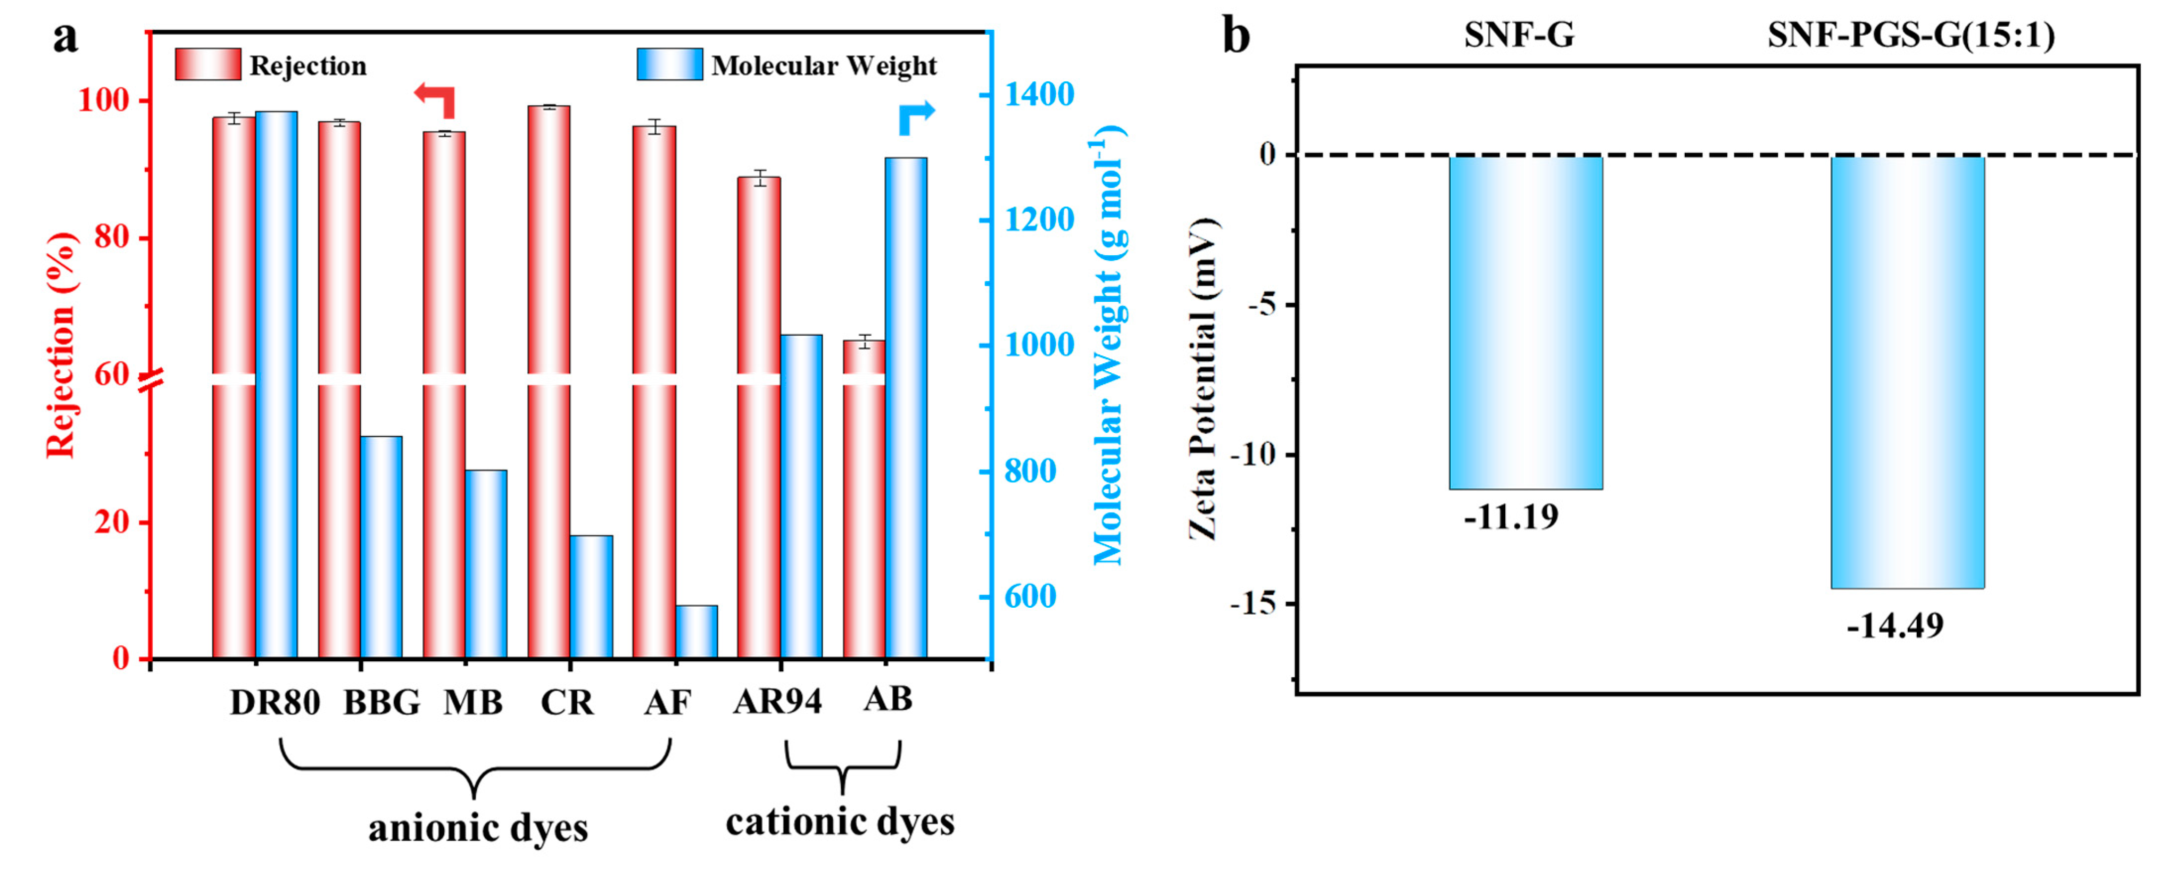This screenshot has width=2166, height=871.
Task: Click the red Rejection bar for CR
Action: click(549, 378)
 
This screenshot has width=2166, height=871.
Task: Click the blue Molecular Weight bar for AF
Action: click(697, 631)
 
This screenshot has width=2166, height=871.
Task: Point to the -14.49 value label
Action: click(1895, 626)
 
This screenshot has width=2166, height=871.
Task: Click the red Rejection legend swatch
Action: click(208, 65)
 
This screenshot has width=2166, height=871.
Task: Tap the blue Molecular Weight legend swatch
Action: click(669, 65)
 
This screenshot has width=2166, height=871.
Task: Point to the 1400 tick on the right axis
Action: click(1040, 95)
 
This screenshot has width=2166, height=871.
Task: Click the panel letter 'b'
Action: click(1236, 37)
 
